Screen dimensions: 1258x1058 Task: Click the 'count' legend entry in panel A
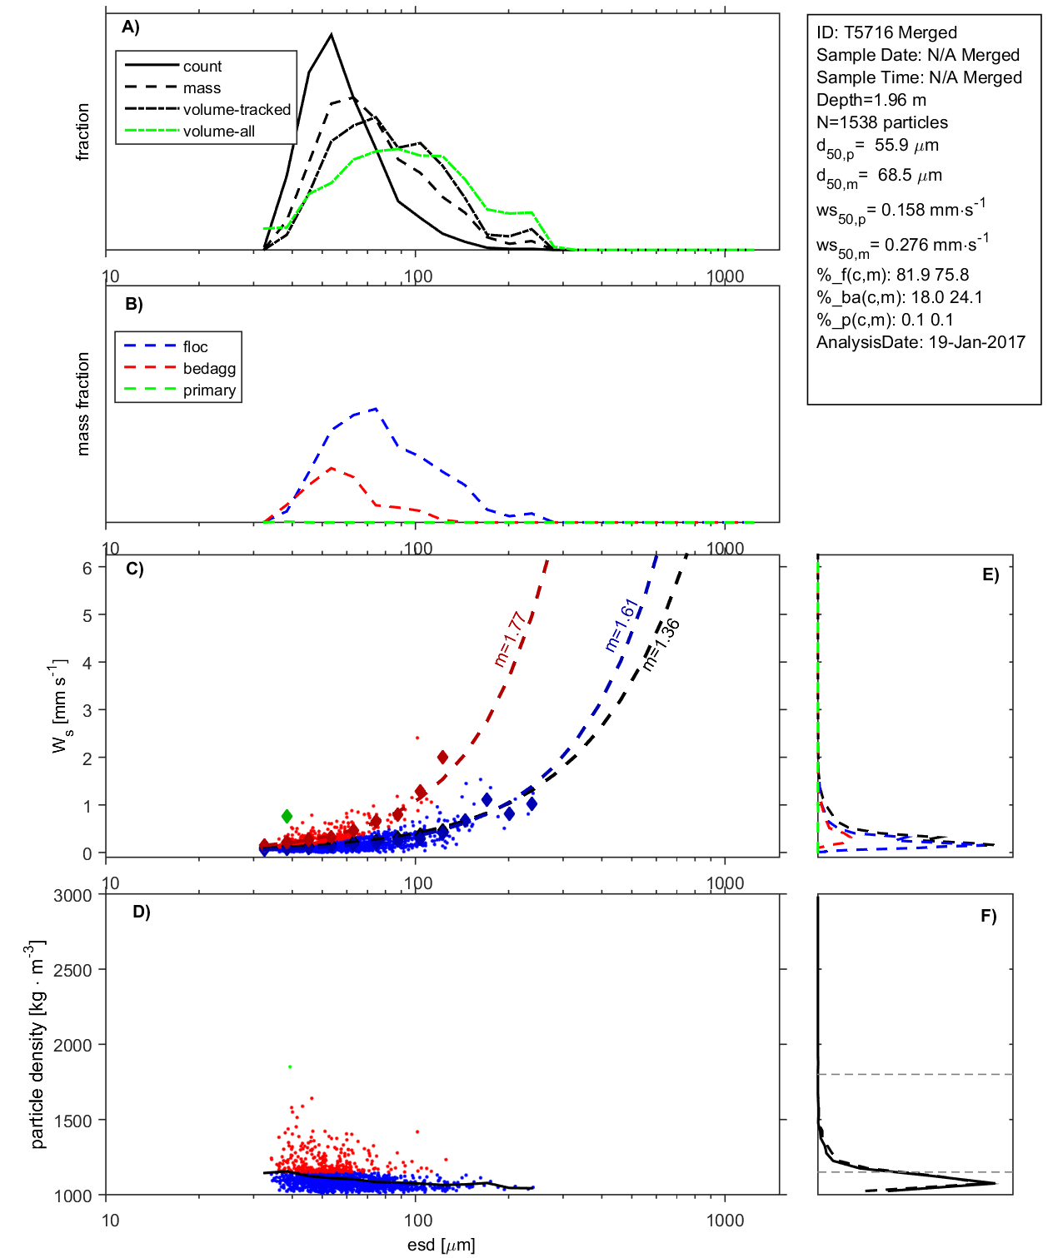click(202, 67)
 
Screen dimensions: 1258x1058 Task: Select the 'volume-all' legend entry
click(218, 132)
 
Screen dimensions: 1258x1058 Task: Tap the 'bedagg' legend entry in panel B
click(209, 369)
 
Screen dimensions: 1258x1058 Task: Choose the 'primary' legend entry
click(209, 390)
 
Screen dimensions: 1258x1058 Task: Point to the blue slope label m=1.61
click(621, 625)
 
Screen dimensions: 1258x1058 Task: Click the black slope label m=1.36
click(661, 644)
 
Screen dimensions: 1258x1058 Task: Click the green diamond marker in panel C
click(287, 816)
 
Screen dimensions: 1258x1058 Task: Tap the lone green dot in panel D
click(290, 1067)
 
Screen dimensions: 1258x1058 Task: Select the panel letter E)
click(990, 574)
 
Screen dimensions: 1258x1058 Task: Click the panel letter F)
click(988, 916)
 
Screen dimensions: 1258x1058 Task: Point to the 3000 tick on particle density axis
click(72, 896)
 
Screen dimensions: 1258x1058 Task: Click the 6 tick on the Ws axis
click(87, 568)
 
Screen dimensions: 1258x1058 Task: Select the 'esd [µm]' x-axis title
click(441, 1245)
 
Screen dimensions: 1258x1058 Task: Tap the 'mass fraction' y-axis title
click(82, 404)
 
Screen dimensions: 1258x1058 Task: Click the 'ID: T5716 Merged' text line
click(886, 32)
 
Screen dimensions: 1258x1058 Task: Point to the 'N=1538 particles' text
click(881, 122)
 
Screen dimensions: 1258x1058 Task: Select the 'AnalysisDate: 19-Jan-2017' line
click(921, 342)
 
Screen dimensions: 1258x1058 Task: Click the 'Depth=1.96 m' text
click(871, 100)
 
